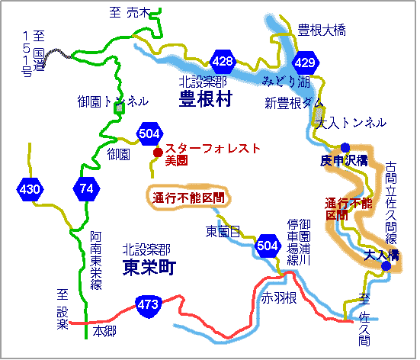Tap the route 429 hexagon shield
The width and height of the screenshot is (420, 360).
[x=303, y=62]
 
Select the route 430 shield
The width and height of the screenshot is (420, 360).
[x=28, y=188]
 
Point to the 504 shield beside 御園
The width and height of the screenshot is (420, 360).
[x=150, y=135]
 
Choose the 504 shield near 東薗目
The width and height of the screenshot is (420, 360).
[x=268, y=245]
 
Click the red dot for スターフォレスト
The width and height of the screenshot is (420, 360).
[x=158, y=153]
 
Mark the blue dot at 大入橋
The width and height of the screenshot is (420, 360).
[x=386, y=266]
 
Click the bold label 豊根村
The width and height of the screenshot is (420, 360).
[x=205, y=98]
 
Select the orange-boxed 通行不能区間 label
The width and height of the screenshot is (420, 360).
[x=188, y=197]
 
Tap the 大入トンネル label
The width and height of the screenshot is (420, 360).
[x=351, y=123]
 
